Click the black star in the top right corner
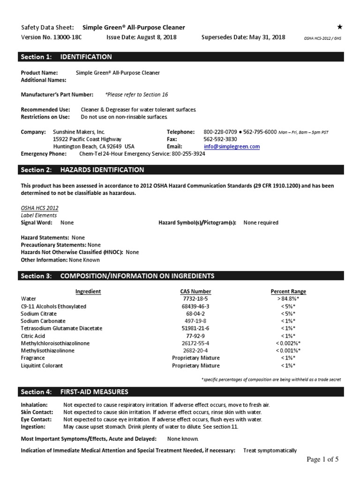pos(340,27)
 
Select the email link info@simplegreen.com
pos(231,146)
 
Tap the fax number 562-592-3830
pos(220,139)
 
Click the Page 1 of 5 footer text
pos(323,459)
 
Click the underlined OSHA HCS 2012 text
pos(40,208)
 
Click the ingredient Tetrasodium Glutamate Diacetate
pos(61,328)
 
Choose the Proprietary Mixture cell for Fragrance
pos(195,358)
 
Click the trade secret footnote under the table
pos(271,379)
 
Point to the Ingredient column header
pos(88,291)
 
